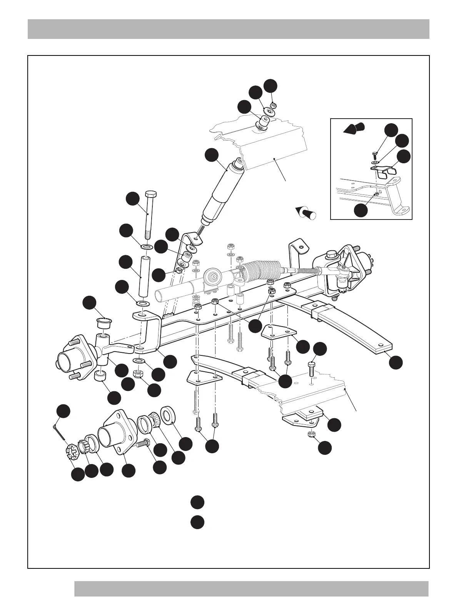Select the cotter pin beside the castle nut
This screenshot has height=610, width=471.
60,431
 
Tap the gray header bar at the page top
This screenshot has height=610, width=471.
228,29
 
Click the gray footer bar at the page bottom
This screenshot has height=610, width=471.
251,588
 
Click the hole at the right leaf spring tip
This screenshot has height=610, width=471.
381,345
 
